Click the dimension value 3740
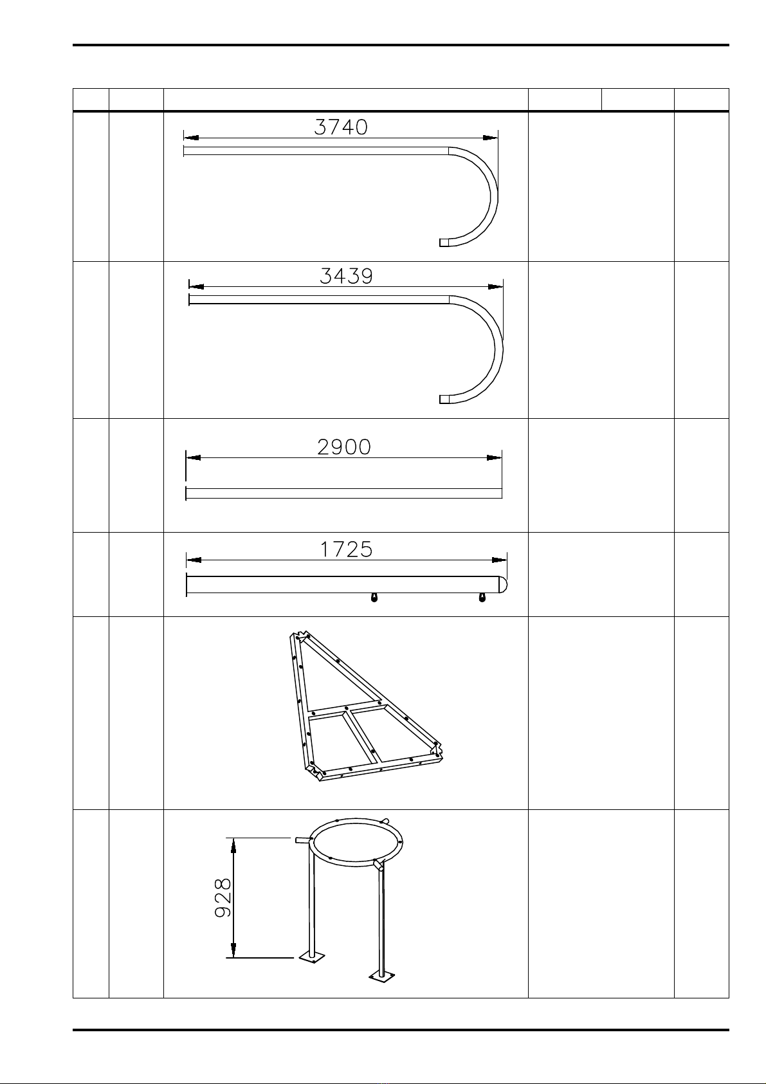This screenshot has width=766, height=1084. [x=341, y=127]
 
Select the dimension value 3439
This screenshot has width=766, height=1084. [x=346, y=276]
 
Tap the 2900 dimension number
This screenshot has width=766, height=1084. [x=344, y=446]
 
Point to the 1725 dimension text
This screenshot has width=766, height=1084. [x=347, y=549]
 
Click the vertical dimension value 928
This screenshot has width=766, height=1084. [x=223, y=897]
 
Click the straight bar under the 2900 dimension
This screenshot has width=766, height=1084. [x=344, y=493]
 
